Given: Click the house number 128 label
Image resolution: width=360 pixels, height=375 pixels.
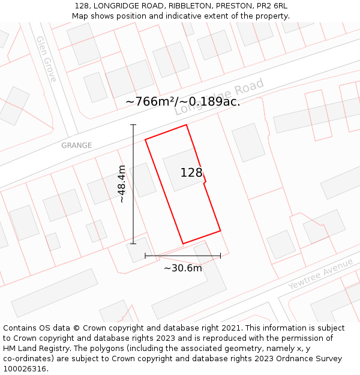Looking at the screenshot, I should point(191,173).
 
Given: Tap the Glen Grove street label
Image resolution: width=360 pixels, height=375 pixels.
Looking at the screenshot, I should point(46,59).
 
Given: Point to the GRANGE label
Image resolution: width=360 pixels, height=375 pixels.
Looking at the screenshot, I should point(77,145).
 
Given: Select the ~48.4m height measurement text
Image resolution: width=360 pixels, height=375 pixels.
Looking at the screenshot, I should point(122,184).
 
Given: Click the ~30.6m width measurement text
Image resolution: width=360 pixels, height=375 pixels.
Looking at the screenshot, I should point(183,268).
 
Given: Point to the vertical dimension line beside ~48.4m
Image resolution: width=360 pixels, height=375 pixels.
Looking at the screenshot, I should point(133,184).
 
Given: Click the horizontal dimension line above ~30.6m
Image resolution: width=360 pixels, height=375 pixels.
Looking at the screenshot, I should point(183,256).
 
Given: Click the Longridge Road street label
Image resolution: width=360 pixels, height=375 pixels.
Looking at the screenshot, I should point(220,98).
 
